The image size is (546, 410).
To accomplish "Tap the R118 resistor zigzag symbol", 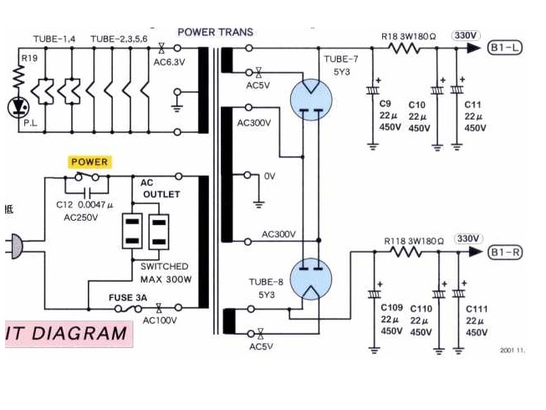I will click(406, 252).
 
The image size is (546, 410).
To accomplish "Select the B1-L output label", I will click(505, 49).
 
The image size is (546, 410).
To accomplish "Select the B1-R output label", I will click(505, 252).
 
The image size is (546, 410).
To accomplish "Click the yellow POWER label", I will click(89, 161).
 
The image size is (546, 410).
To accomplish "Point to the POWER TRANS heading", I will click(215, 33).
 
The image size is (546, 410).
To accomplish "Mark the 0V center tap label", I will click(269, 177).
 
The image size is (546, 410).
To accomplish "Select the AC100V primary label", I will click(160, 320).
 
